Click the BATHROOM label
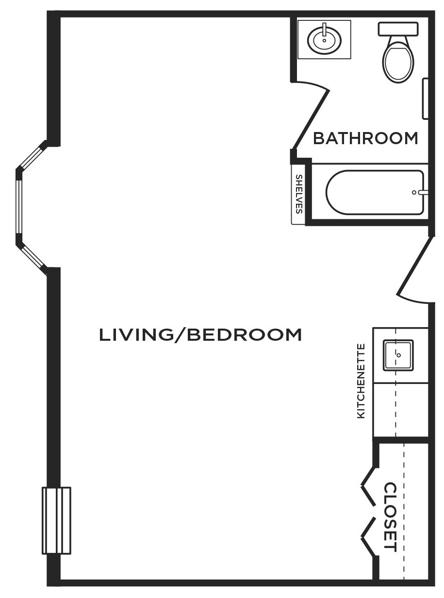365,138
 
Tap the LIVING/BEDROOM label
200,335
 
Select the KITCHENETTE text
361,381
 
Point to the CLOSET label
390,517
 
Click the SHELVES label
299,194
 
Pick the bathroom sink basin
324,40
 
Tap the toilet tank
398,29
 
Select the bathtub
375,192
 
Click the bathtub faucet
420,192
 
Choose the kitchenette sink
398,355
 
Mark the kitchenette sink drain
399,355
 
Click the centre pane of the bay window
19,206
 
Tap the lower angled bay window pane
33,257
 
